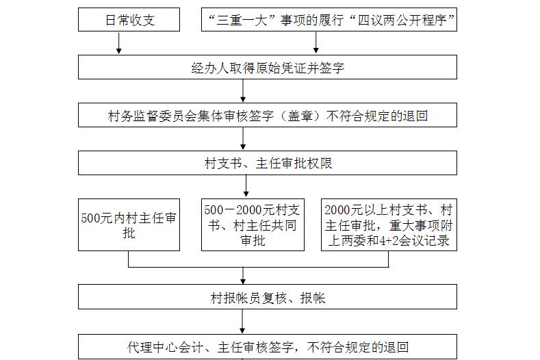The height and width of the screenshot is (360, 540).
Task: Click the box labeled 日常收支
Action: coord(129,20)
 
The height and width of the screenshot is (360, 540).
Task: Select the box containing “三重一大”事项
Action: coord(329,20)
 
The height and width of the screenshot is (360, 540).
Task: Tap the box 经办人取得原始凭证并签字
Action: coord(267,67)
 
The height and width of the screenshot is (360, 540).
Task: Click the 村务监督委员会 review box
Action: coord(267,115)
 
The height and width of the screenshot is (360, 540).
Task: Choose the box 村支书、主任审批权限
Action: coord(267,163)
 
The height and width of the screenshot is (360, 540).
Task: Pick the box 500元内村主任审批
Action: coord(129,224)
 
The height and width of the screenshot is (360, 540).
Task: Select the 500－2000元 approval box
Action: coord(253,224)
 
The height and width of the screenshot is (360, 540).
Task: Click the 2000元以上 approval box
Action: coord(389,224)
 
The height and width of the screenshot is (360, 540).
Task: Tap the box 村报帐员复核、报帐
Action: coord(267,296)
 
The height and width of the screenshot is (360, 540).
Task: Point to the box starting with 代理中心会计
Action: coord(267,346)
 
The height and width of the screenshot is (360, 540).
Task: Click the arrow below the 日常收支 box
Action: coord(119,43)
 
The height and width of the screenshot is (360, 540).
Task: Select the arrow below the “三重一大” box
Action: coord(316,42)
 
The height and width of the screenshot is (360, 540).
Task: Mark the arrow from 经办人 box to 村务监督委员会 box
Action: coord(243,90)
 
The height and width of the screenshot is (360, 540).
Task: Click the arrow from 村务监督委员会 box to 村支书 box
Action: coord(243,138)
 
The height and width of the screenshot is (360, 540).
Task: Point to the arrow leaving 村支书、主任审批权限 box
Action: coord(246,186)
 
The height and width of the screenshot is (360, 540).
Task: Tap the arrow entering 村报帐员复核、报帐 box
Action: coord(243,276)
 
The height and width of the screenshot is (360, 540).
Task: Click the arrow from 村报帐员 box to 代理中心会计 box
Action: coord(242,322)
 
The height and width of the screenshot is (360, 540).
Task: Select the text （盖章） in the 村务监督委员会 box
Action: coord(300,116)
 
